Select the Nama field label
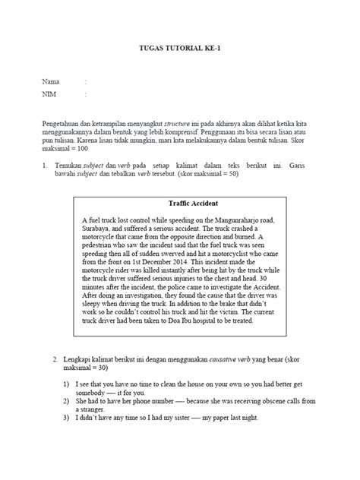[51, 81]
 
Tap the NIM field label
[50, 95]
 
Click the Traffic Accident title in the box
[192, 204]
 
